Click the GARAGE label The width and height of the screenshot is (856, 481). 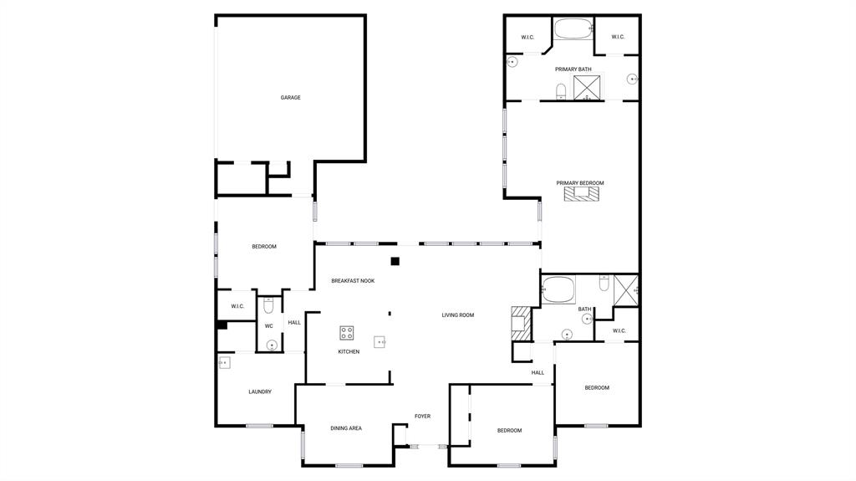click(290, 98)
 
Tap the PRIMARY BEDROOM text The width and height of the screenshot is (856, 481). click(580, 183)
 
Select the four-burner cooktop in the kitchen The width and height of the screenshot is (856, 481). click(347, 333)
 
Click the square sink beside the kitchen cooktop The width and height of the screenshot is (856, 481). click(380, 341)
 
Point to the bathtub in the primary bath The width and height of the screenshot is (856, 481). click(573, 29)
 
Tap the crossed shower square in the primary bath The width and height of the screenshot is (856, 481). click(587, 87)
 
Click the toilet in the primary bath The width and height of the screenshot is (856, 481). click(562, 90)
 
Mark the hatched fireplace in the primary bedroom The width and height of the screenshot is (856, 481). click(581, 194)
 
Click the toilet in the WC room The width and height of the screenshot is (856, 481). click(269, 305)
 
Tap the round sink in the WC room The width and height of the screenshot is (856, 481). click(273, 345)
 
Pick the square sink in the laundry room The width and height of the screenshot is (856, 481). click(224, 363)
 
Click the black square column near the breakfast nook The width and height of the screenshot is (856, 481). click(395, 261)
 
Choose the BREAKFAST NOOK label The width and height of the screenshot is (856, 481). click(353, 281)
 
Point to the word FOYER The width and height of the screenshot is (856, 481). click(423, 416)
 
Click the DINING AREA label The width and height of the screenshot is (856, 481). click(346, 428)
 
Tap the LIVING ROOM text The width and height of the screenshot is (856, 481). click(458, 315)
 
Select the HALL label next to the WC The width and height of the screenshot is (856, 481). click(294, 323)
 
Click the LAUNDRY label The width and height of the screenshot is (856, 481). click(260, 391)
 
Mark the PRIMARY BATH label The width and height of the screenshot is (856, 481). click(573, 69)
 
